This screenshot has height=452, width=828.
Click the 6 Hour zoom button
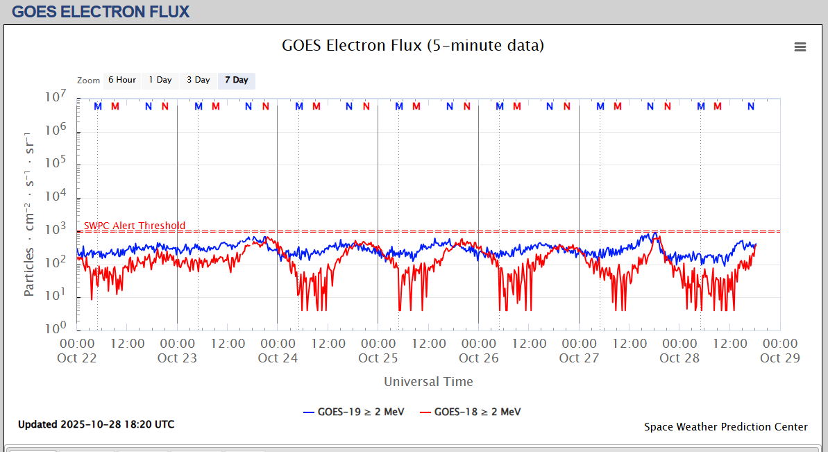[121, 80]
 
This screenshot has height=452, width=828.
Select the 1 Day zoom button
[160, 80]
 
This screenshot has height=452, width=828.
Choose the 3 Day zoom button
[198, 80]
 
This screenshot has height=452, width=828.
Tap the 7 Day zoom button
[236, 80]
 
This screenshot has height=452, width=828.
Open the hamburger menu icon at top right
[800, 47]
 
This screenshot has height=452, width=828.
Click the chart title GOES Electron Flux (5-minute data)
[413, 46]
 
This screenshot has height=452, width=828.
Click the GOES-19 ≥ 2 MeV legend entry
[354, 412]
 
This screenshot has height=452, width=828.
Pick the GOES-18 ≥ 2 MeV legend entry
[471, 412]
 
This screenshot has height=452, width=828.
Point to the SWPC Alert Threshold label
[135, 226]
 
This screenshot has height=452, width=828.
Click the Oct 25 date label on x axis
[378, 358]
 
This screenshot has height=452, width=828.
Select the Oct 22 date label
[77, 358]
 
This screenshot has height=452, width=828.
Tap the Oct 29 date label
[780, 358]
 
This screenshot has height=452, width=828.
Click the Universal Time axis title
[428, 381]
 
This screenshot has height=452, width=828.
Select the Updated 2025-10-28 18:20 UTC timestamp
[96, 424]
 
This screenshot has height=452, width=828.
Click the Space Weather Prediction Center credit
[725, 427]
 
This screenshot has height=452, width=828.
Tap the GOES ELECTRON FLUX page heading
[101, 12]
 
